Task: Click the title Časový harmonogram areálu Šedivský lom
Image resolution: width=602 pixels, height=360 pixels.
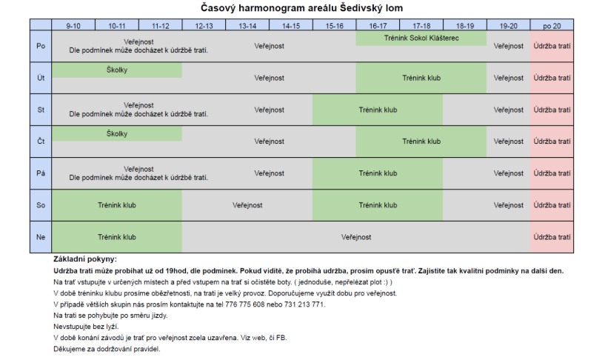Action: pos(301,7)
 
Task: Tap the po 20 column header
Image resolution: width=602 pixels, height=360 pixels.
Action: pos(552,25)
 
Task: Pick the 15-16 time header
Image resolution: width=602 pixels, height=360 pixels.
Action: pos(334,25)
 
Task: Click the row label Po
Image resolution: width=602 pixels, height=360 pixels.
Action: pos(41,46)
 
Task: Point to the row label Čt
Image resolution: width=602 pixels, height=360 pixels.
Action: pos(41,141)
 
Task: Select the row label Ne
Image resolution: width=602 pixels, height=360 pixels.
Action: pos(41,238)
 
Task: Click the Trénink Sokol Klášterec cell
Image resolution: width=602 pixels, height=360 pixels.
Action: pos(421,38)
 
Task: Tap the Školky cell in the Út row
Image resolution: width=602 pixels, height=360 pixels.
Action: pos(117,70)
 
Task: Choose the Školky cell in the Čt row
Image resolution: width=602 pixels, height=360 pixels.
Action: pos(117,134)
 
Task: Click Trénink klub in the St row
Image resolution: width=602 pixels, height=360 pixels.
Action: pos(378,110)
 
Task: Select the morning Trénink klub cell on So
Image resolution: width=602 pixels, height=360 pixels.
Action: pos(117,205)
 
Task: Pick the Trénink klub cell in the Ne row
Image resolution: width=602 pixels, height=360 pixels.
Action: pos(117,238)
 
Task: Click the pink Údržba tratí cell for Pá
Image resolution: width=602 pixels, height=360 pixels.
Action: pos(552,173)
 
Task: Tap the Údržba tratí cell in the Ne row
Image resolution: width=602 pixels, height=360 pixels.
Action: pos(552,238)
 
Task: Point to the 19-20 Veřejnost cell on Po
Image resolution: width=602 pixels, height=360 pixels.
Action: pos(509,46)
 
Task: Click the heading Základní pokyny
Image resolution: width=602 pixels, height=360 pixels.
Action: pos(85,259)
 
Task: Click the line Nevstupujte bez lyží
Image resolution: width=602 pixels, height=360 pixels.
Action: pos(86,327)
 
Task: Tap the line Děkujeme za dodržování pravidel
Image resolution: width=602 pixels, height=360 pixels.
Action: pos(107,349)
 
